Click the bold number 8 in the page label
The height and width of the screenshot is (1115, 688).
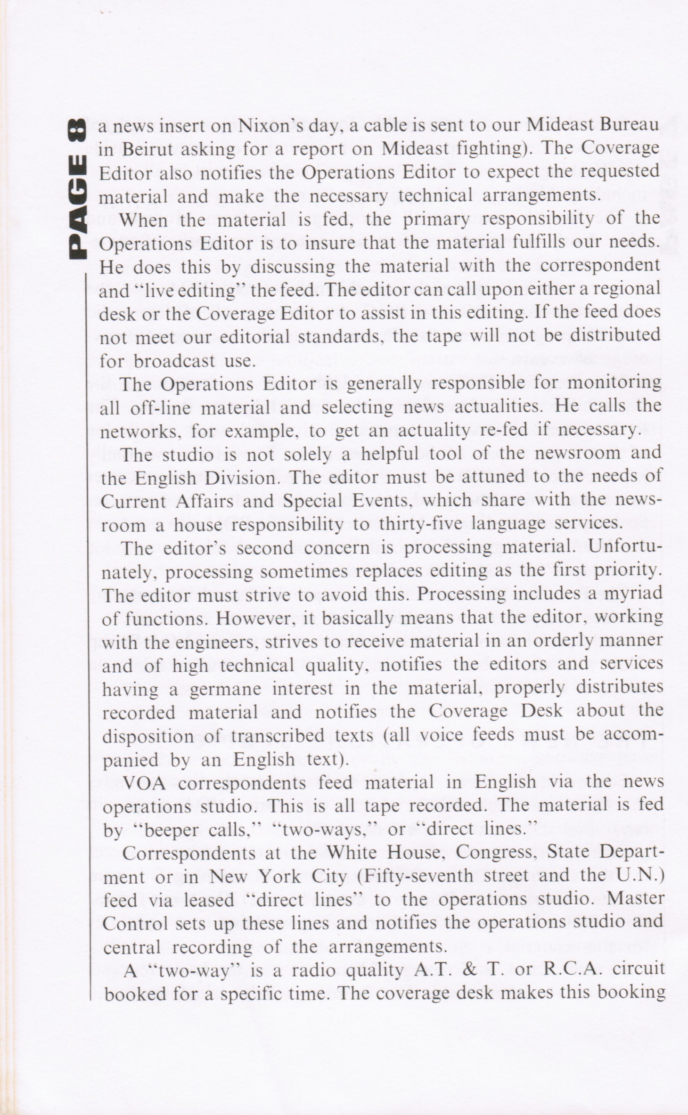tap(77, 130)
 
